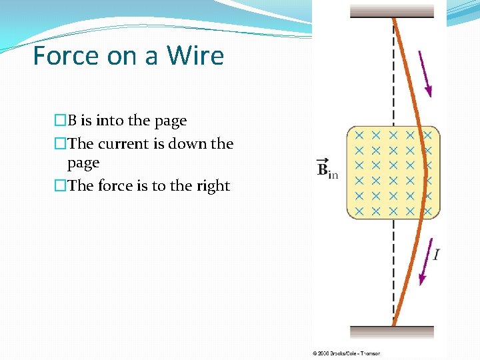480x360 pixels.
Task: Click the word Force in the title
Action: pyautogui.click(x=64, y=55)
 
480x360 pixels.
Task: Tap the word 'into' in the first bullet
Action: pyautogui.click(x=110, y=121)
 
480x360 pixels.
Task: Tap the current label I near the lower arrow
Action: pyautogui.click(x=435, y=254)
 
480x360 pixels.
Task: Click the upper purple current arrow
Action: pyautogui.click(x=425, y=73)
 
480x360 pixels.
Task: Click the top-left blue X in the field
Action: pyautogui.click(x=359, y=135)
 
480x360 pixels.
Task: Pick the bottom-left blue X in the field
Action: pyautogui.click(x=359, y=211)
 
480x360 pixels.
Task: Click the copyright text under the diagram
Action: pyautogui.click(x=346, y=353)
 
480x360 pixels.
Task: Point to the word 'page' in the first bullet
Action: pyautogui.click(x=171, y=121)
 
